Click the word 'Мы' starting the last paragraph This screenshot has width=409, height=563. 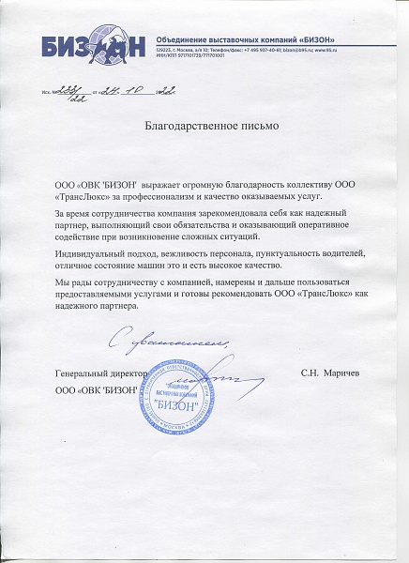click(x=63, y=282)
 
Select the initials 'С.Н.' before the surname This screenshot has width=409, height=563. click(x=311, y=373)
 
